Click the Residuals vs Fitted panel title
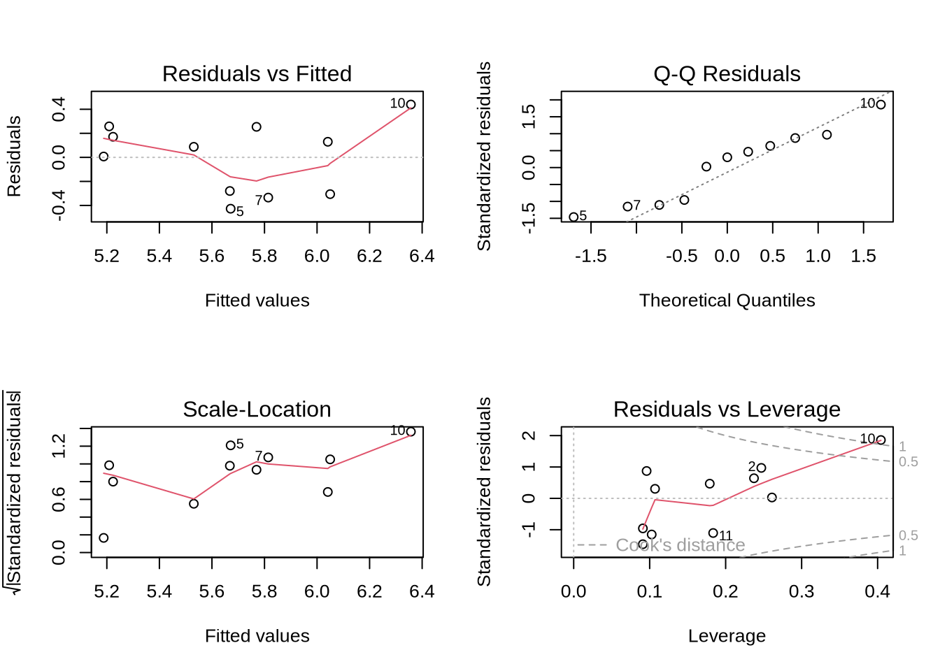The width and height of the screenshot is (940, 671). point(257,73)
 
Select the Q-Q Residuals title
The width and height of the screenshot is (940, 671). point(727,73)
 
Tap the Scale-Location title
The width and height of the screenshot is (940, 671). point(257,409)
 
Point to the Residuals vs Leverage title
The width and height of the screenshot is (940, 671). point(727,409)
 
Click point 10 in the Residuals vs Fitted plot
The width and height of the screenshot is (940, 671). point(411,105)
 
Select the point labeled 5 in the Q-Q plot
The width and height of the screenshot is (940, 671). point(574,217)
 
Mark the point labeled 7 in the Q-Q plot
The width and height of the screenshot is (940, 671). point(627,207)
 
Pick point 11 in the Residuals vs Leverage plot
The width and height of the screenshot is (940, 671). point(713,533)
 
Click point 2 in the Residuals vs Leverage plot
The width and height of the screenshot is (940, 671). point(761,468)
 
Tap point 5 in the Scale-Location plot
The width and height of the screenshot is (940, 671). point(230,445)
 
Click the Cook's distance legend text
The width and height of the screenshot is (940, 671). point(680,545)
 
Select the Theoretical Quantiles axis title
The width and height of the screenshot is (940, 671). point(727,301)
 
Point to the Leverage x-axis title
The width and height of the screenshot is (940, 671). point(727,636)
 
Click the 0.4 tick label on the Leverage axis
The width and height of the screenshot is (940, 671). point(877,592)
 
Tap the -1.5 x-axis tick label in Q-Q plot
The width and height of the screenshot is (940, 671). point(590,257)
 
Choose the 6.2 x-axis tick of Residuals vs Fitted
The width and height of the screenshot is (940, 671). point(369,257)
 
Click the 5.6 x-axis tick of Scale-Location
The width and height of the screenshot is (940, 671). point(212,592)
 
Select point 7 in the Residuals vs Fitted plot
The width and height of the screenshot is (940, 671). point(268,198)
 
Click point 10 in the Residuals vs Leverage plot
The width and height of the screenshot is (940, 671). point(881,440)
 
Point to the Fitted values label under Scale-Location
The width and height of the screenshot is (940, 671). point(257,636)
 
